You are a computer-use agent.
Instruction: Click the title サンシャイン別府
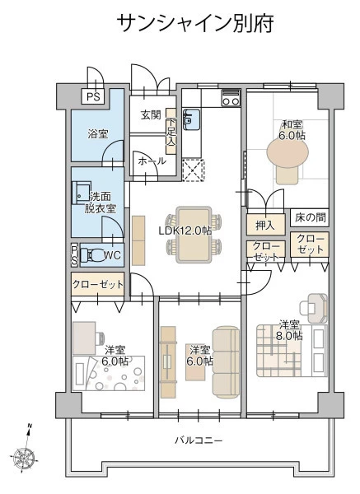point(195,23)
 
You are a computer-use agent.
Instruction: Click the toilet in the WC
point(91,255)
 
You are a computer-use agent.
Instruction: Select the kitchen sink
point(191,119)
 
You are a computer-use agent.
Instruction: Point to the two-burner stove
point(231,98)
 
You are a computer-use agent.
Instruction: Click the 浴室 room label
point(98,134)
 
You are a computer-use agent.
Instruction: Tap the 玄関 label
point(151,115)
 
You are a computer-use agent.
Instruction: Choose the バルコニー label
point(199,440)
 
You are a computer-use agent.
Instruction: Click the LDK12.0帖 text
point(185,231)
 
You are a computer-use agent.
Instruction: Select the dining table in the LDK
point(194,235)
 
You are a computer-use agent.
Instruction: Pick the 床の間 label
point(311,217)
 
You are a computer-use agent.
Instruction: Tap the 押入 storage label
point(265,225)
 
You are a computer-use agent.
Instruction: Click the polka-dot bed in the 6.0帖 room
point(109,373)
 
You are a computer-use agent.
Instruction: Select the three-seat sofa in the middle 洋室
point(226,362)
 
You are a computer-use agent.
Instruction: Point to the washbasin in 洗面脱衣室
point(82,193)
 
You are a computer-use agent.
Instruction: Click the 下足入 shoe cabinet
point(171,132)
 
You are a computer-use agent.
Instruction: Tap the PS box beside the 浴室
point(93,96)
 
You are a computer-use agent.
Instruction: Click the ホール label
point(152,161)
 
